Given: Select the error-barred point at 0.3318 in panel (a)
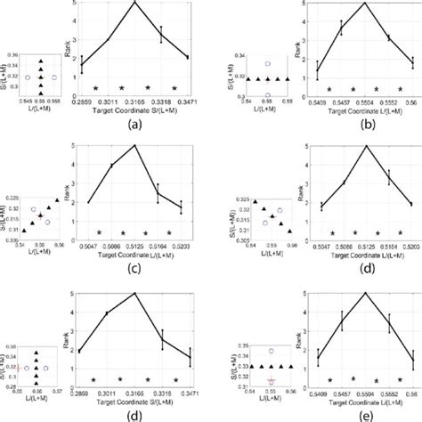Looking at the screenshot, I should pos(161,34).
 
